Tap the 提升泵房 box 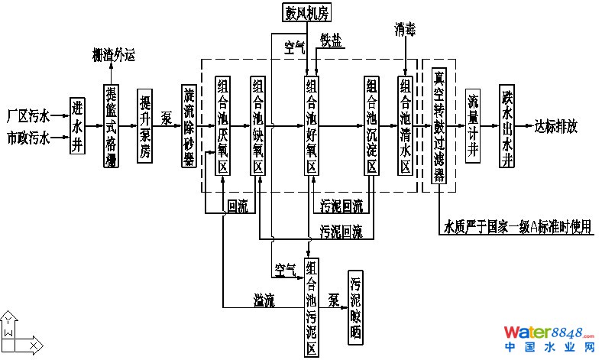click(x=145, y=126)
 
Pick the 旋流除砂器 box click(x=189, y=126)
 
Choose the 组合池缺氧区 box click(x=257, y=126)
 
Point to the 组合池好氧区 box click(x=311, y=126)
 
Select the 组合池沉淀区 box click(x=371, y=126)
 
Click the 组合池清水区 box click(x=405, y=126)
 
